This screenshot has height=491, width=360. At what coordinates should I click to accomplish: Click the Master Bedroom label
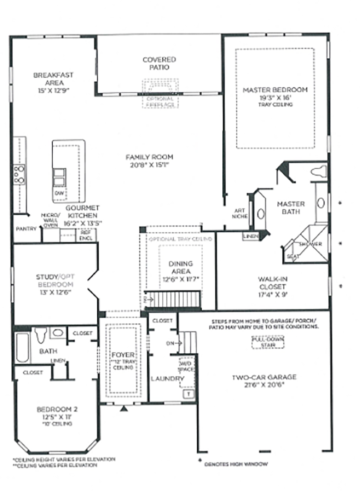275,90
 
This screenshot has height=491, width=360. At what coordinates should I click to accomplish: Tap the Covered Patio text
159,63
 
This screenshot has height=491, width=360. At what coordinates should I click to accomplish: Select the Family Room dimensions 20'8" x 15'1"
150,165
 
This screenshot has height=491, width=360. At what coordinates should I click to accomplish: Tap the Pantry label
25,229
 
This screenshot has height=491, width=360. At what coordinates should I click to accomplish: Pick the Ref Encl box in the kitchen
85,235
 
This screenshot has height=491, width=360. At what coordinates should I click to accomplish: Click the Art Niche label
240,214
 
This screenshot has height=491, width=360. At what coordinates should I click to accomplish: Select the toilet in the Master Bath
320,171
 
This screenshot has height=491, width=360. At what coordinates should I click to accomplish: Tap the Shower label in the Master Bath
310,244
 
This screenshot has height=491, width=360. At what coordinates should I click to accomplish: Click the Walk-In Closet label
272,283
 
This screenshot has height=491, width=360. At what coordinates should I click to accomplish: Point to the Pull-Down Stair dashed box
268,341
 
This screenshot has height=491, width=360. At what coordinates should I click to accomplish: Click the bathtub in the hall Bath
22,348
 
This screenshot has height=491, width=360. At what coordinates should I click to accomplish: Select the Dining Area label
180,267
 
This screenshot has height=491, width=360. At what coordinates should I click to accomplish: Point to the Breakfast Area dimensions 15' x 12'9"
53,90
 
